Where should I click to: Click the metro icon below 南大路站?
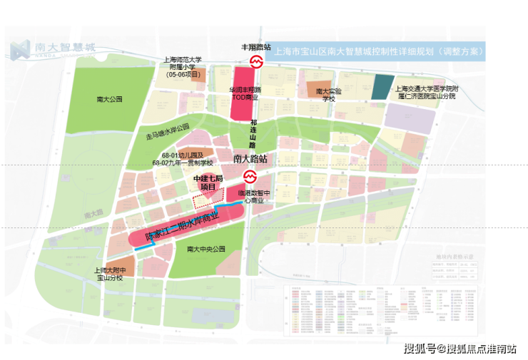coord(250,177)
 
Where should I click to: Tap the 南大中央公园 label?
coord(205,249)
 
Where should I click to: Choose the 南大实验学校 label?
coord(328,95)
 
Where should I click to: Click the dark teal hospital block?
coord(382,86)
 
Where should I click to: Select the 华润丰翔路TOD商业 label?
coord(245,94)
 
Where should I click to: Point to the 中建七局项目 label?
coord(208,182)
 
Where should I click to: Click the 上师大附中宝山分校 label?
coord(110,274)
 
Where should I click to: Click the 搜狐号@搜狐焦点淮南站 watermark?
coord(460,348)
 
